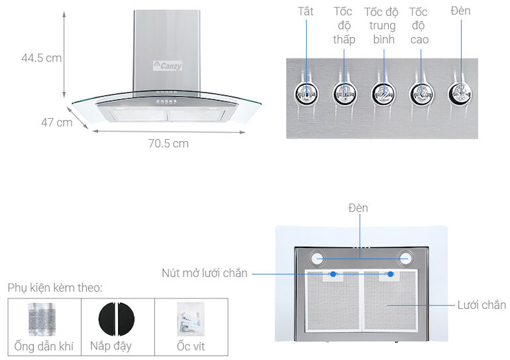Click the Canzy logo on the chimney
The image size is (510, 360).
(x=168, y=66)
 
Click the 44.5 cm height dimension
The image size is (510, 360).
(x=41, y=58)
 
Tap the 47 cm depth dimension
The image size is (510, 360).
(x=56, y=123)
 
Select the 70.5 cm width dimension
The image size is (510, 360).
(x=168, y=143)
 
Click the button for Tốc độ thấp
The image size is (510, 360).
(x=344, y=93)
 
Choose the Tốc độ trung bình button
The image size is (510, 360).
(x=382, y=93)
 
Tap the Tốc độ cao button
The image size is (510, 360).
(x=420, y=93)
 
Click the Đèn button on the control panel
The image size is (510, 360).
(x=460, y=93)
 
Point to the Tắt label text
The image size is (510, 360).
(x=305, y=11)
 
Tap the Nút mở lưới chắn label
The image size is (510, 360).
(x=205, y=273)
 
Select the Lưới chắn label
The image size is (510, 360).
(x=482, y=305)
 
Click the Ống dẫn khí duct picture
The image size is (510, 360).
(x=44, y=319)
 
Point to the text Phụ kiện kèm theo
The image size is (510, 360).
(x=56, y=288)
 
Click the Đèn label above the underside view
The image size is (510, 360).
(x=358, y=208)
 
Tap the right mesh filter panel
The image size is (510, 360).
(x=389, y=302)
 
